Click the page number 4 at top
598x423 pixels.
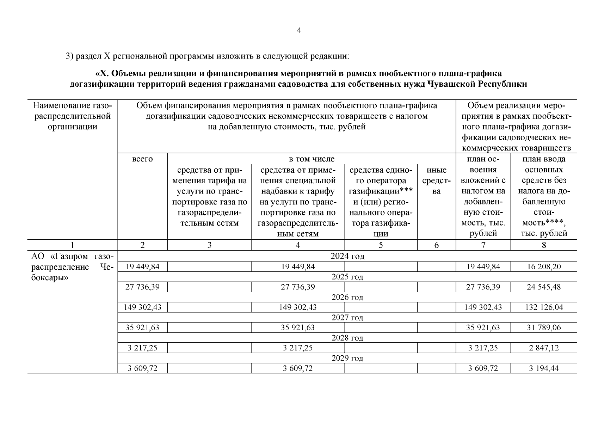[299, 31]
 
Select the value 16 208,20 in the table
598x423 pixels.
[544, 267]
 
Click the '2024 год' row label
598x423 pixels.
[347, 256]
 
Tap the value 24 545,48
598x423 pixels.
[544, 287]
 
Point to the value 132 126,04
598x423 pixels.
[544, 307]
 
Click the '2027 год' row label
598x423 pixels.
[347, 318]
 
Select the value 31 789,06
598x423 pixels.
[544, 327]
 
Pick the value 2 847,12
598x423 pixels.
[544, 348]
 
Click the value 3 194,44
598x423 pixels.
[544, 368]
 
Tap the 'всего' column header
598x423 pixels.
[142, 159]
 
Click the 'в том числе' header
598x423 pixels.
[312, 159]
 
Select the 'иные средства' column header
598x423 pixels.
[436, 180]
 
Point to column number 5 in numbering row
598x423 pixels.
[381, 245]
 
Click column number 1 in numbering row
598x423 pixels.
[73, 245]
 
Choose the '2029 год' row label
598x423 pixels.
[347, 358]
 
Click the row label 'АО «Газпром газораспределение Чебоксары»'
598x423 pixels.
[73, 267]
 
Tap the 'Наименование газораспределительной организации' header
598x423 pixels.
[73, 116]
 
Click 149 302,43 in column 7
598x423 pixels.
[483, 307]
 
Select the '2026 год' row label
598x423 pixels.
[347, 298]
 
